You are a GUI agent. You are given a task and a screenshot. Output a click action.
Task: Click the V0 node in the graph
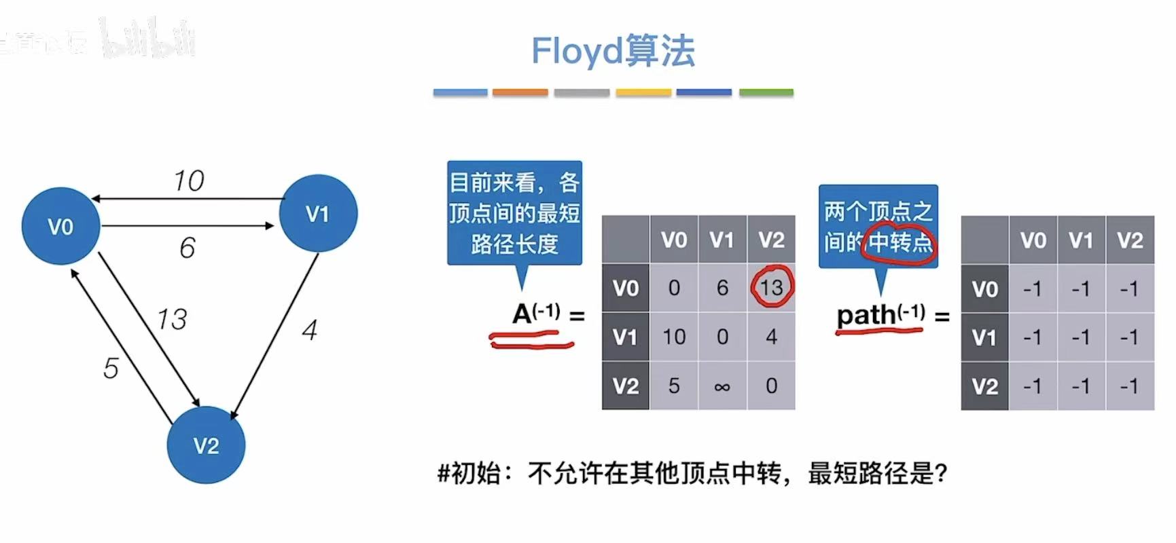(60, 226)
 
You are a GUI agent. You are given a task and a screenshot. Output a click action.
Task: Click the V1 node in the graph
(318, 214)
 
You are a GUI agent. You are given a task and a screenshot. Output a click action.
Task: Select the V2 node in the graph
(206, 445)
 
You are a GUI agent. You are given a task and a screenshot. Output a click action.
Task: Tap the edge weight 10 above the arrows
(188, 181)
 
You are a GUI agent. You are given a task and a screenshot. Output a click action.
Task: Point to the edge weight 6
(188, 248)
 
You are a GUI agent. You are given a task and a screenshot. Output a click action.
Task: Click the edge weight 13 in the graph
(171, 319)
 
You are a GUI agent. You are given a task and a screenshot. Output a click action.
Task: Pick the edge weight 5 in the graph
(111, 368)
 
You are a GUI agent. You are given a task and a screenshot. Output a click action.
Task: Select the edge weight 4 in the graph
(310, 331)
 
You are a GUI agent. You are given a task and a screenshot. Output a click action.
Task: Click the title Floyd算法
(613, 51)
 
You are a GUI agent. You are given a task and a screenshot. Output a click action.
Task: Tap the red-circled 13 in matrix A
(771, 288)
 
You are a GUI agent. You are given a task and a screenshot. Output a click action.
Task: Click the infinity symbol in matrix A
(722, 386)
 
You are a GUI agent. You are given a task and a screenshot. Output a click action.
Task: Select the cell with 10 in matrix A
(673, 337)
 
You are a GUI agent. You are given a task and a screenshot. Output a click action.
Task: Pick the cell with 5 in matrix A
(673, 386)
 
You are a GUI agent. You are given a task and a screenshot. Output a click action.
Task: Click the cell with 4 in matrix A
(771, 337)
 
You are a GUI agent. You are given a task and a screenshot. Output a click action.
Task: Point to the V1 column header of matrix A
(722, 240)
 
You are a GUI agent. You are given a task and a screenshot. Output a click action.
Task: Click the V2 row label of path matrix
(984, 386)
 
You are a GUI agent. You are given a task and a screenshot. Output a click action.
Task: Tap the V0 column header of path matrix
(1033, 240)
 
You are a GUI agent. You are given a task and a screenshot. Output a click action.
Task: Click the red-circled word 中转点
(900, 242)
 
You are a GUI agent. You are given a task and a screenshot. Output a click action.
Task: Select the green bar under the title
(766, 92)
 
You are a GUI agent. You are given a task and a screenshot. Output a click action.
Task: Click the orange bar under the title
(520, 92)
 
